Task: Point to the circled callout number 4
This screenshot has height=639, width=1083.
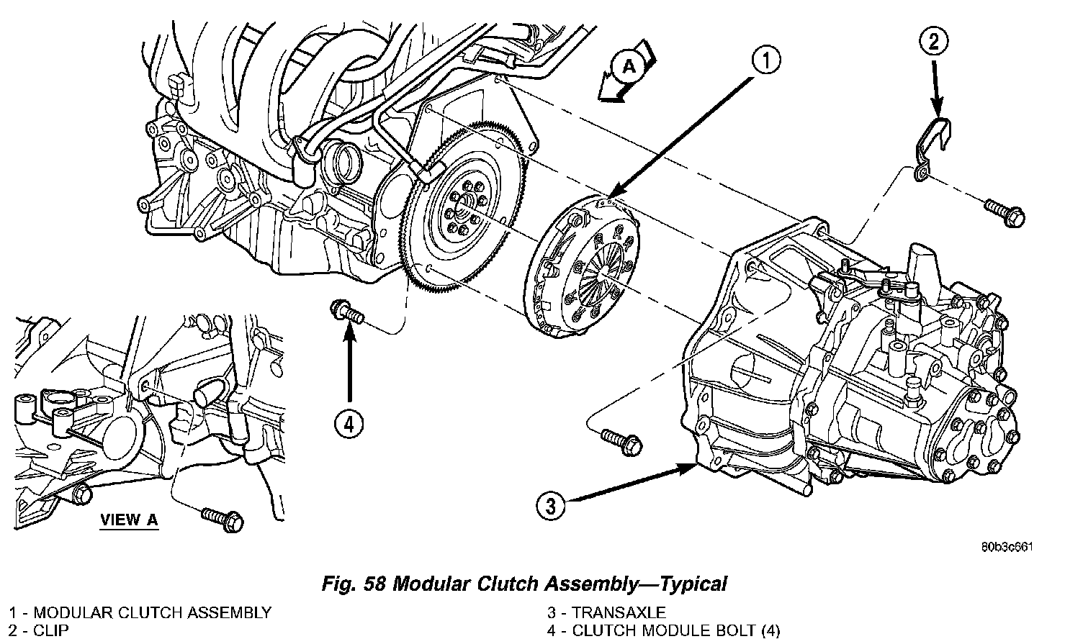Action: tap(349, 425)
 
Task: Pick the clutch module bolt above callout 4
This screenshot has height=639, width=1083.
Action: tap(347, 312)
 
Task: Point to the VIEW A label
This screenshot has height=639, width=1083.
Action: tap(129, 519)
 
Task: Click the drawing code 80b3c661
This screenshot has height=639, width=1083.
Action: tap(1007, 547)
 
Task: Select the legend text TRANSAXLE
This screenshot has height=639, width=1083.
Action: tap(619, 613)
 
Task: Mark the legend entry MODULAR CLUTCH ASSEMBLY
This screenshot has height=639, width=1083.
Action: tap(152, 613)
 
